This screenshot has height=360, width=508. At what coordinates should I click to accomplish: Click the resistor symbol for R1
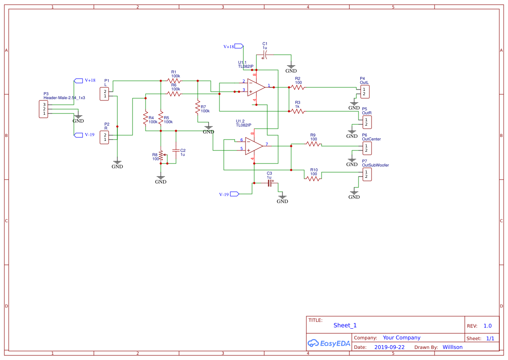(174, 80)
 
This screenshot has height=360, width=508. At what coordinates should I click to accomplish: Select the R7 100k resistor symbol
(198, 107)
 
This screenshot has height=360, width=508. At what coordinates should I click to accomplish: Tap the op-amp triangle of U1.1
(256, 87)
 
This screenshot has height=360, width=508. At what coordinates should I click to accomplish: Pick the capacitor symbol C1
(265, 55)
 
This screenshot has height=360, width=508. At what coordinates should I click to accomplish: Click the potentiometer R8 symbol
(161, 156)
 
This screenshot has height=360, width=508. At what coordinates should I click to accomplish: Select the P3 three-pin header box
(43, 109)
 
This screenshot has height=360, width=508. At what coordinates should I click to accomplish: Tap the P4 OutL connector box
(365, 92)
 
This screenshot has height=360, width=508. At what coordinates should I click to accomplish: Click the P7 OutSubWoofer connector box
(367, 174)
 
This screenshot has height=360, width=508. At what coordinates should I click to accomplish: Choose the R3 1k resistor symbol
(297, 111)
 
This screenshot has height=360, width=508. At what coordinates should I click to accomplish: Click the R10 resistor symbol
(313, 178)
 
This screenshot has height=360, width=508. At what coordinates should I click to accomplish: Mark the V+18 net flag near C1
(239, 46)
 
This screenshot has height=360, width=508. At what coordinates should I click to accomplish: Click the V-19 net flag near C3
(235, 194)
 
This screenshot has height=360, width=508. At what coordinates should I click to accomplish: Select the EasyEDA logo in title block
(329, 343)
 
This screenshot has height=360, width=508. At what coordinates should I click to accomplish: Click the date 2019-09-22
(389, 347)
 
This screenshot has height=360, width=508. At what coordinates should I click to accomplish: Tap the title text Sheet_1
(345, 325)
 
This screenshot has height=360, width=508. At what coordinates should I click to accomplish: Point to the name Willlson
(452, 347)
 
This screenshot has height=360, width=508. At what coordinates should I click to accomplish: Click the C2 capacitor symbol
(176, 150)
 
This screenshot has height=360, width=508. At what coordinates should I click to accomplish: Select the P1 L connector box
(104, 94)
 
